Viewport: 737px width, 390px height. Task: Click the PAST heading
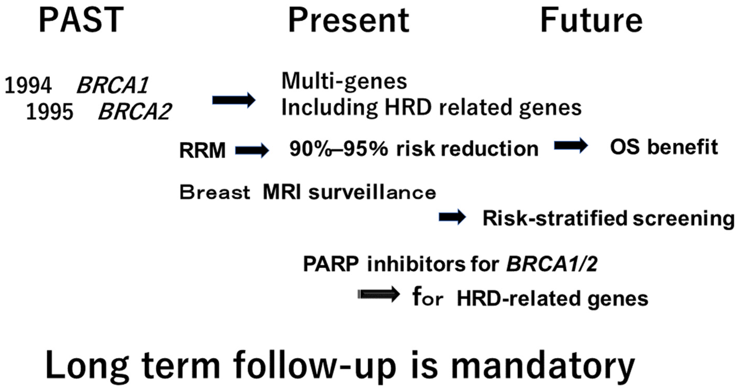tap(81, 20)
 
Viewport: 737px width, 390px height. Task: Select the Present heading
tap(349, 20)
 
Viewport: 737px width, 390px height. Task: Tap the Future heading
tap(591, 20)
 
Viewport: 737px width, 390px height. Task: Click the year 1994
tap(28, 85)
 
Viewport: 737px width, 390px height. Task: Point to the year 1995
tap(50, 112)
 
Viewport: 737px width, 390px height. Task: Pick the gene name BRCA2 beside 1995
tap(135, 112)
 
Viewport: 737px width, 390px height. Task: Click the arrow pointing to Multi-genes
tap(234, 100)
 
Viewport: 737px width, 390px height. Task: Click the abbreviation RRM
tap(202, 150)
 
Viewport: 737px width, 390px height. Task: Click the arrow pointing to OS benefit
tap(571, 145)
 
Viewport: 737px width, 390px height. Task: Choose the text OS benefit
tap(664, 147)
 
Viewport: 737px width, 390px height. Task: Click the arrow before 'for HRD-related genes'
tap(378, 294)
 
